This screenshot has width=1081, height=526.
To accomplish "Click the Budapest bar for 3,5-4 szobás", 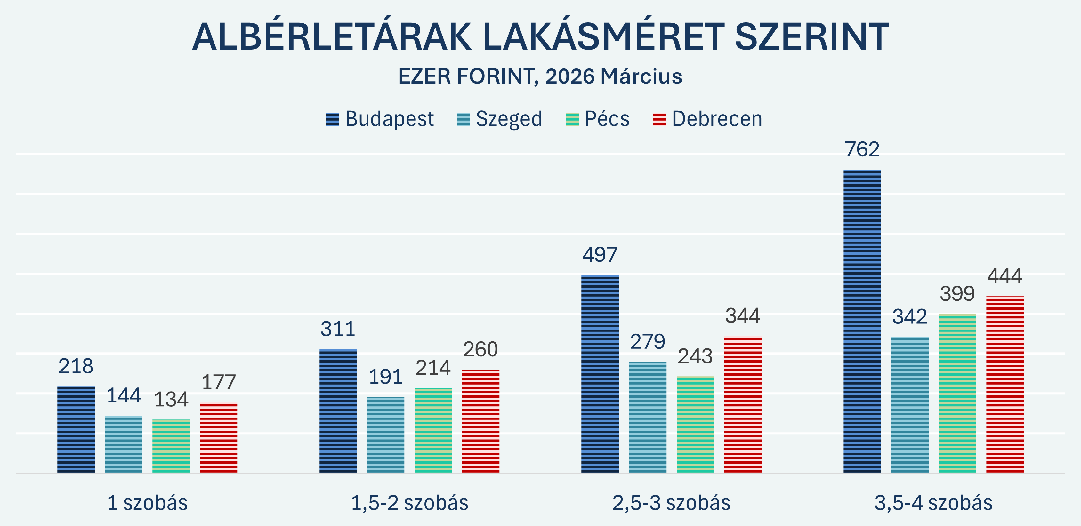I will pos(862,321).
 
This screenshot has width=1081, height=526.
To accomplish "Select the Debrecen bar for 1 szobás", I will pos(218,438).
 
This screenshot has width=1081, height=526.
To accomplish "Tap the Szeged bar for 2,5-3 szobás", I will pos(648,417).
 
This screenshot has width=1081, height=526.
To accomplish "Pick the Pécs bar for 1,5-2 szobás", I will pos(433,430).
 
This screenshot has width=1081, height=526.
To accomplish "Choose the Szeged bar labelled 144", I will pos(123,444).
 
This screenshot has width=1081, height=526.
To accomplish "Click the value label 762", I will pos(862,149).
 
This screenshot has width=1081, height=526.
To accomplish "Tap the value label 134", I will pos(171,399).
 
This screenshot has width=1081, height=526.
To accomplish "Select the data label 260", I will pos(480,349).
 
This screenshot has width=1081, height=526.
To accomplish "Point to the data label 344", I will pos(743,316).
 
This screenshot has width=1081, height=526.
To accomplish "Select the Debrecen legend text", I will pos(717,119).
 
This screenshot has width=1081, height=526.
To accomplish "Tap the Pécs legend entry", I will pos(598,119).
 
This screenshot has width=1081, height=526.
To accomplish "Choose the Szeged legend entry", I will pos(500,119).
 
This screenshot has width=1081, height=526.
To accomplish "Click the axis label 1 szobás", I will pos(147,503).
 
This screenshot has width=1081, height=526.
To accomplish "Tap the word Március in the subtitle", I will pos(641,76).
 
